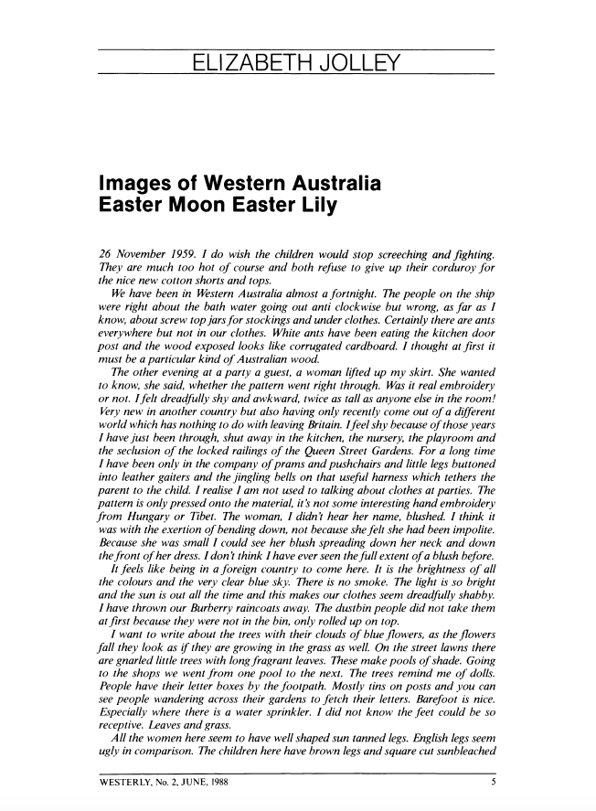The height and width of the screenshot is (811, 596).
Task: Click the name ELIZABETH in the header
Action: (x=247, y=62)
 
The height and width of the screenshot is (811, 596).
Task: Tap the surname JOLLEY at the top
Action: (x=357, y=62)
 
